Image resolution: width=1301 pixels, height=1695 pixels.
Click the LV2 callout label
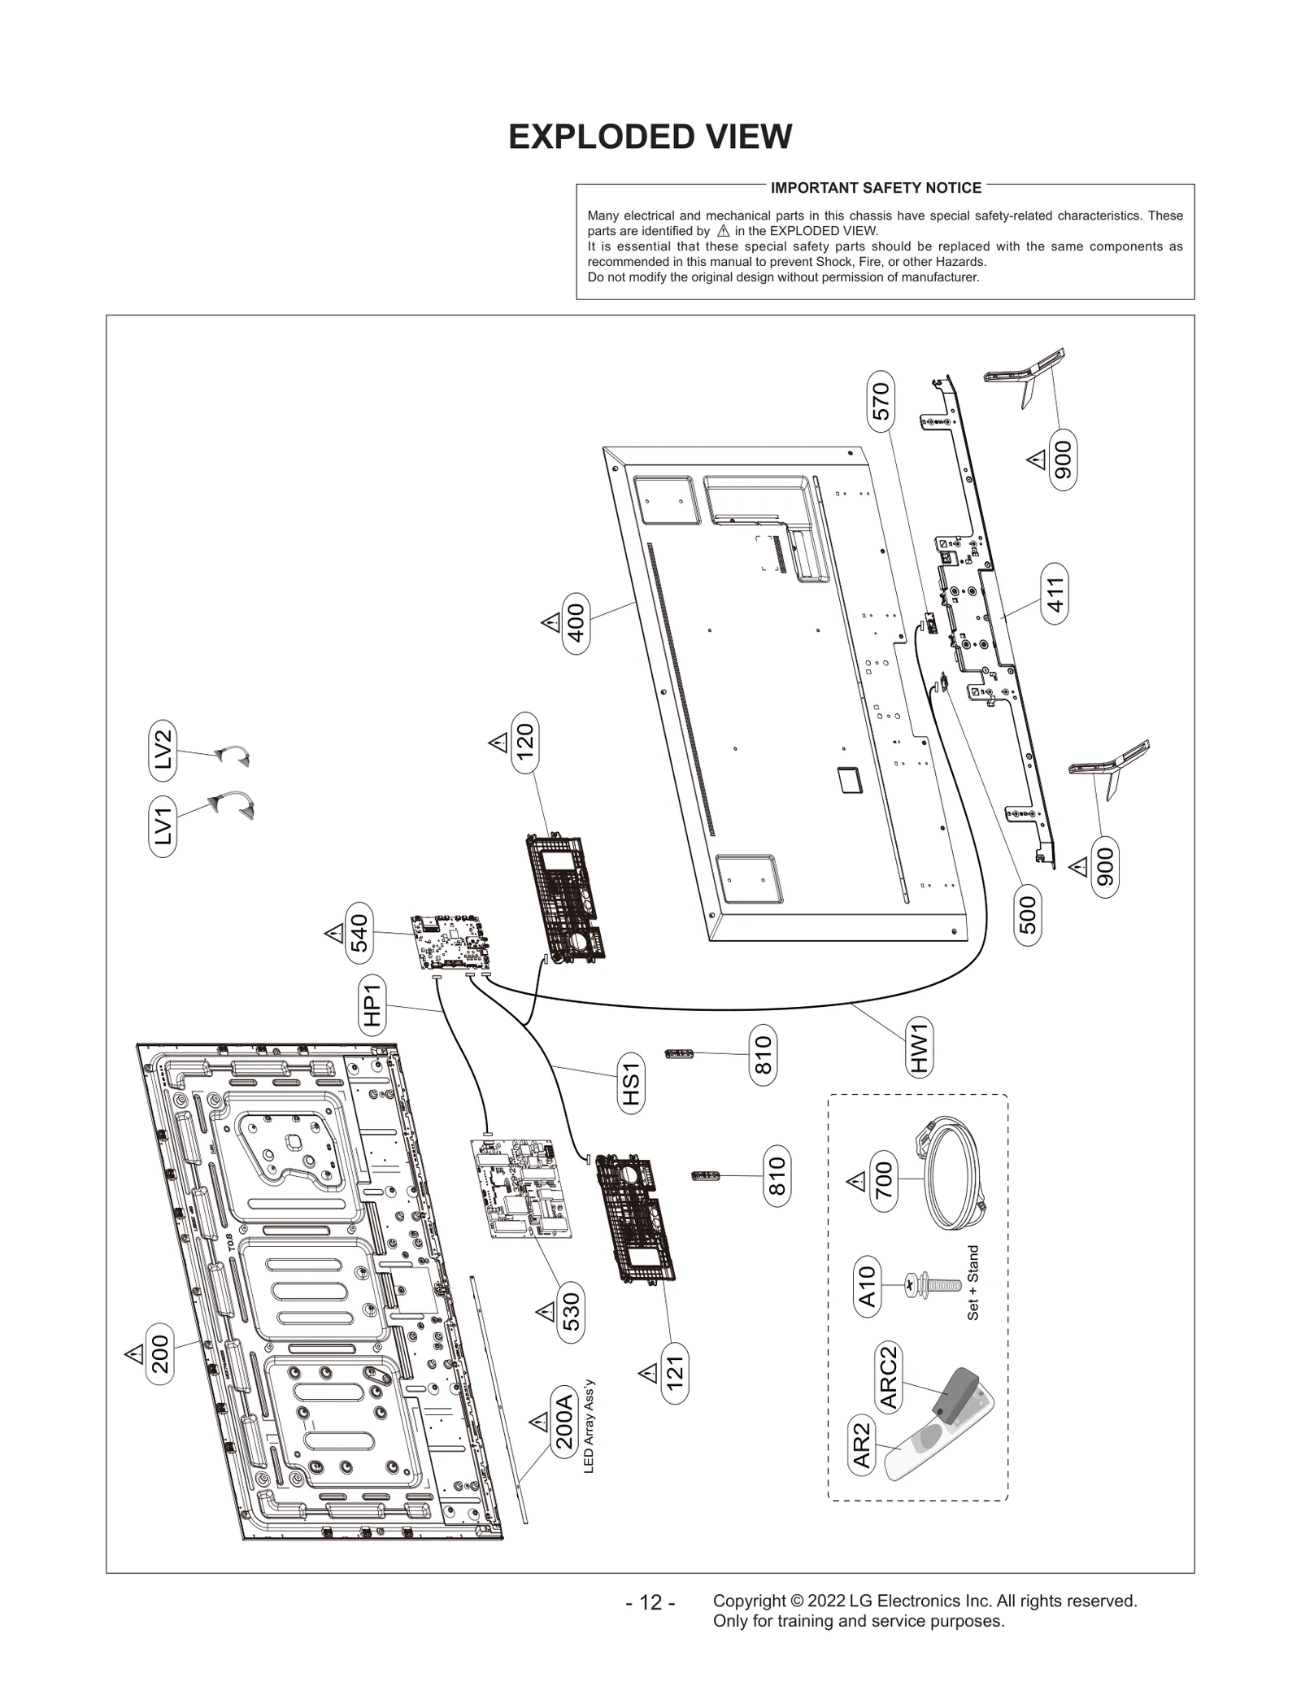[163, 747]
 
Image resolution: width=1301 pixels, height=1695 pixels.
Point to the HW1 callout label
[919, 1048]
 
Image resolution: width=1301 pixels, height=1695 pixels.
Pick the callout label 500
[1029, 914]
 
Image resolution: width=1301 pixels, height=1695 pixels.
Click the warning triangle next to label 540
[334, 933]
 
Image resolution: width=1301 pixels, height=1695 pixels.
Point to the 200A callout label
[563, 1423]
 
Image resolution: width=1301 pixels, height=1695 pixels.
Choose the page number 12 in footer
[650, 1602]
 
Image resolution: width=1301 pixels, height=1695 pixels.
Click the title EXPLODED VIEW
[650, 137]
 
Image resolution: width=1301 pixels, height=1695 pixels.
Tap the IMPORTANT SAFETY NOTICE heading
[876, 188]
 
